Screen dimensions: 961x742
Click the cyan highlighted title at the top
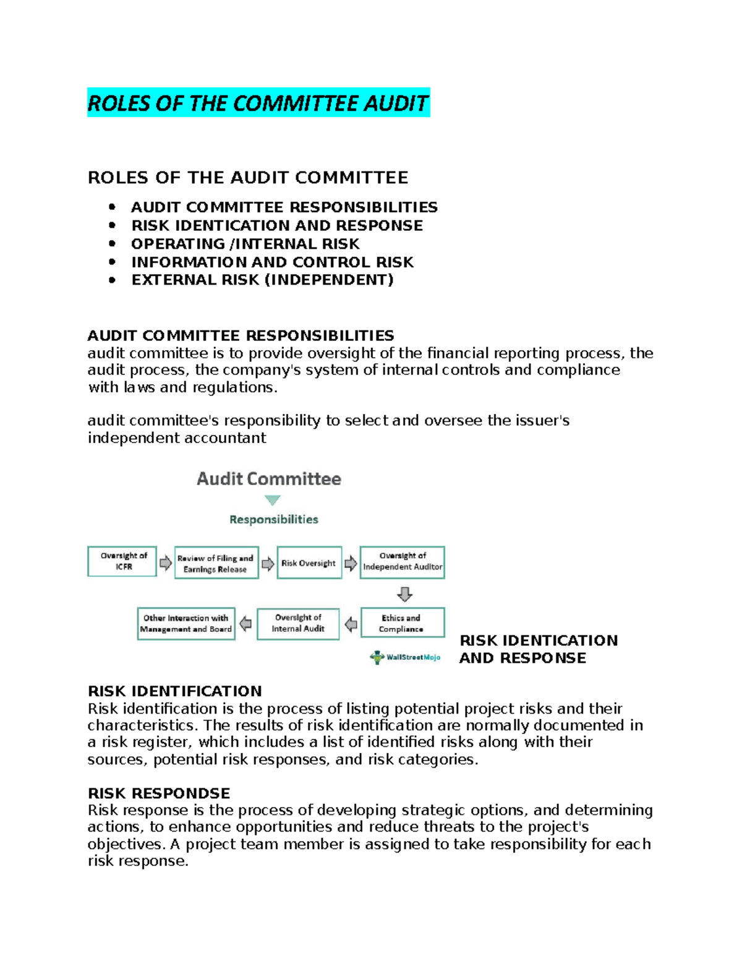(258, 103)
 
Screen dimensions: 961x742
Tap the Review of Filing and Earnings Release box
(216, 562)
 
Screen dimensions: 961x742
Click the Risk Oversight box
(309, 562)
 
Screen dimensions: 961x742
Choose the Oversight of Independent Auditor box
(402, 562)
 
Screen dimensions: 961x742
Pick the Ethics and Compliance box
(402, 623)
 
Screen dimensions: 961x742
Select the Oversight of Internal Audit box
(298, 623)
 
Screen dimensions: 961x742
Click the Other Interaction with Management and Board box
(186, 623)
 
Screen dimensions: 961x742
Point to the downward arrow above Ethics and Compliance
(404, 594)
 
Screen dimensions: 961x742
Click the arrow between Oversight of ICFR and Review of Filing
(166, 562)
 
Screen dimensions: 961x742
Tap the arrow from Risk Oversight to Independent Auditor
(351, 562)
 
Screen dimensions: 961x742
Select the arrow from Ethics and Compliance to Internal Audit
(351, 624)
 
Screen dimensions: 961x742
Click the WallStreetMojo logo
(405, 657)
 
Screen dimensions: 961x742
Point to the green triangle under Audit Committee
(273, 500)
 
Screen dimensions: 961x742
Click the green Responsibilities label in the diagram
(274, 519)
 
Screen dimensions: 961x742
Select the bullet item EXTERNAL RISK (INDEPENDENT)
(262, 280)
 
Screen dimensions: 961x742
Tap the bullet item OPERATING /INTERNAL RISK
(245, 244)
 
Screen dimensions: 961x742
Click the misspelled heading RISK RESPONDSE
(159, 793)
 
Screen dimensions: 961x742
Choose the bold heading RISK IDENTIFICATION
(175, 691)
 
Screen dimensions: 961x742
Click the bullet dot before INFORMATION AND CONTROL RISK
(112, 262)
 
